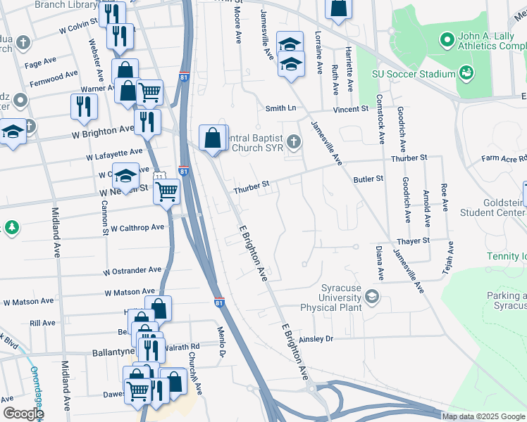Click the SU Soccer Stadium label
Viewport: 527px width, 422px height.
411,74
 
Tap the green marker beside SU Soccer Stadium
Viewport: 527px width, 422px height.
466,72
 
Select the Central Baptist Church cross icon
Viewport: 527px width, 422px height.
294,142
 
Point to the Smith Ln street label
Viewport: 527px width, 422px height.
280,108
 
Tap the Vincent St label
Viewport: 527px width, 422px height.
352,109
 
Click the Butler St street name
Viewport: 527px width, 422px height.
368,179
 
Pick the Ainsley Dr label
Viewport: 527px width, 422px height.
315,338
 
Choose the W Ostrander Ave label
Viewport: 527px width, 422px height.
132,270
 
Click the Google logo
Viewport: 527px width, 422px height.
23,414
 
